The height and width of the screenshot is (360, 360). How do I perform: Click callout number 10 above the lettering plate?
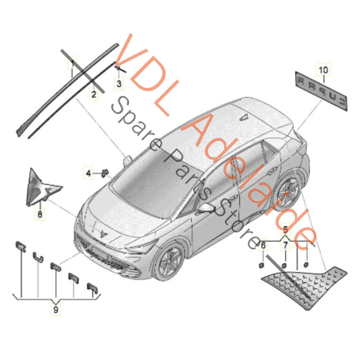click(322, 70)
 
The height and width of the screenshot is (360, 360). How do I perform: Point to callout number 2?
click(93, 95)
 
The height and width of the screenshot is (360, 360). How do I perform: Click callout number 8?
click(39, 213)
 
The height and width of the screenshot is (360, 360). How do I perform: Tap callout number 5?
click(285, 231)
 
